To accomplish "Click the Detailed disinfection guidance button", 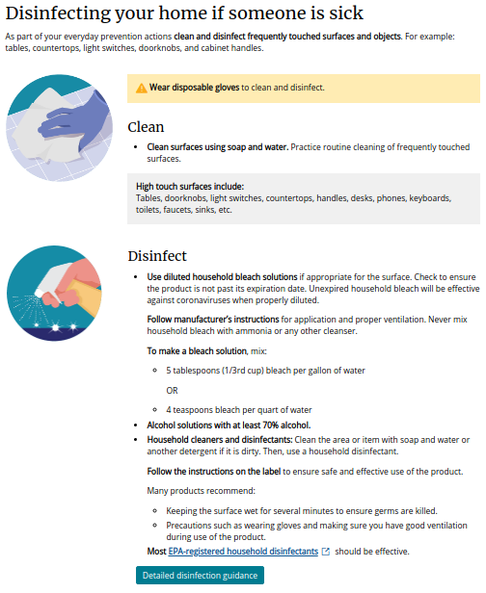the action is tap(200, 575).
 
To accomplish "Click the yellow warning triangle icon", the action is tap(141, 88).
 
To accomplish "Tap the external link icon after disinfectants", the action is tap(325, 552).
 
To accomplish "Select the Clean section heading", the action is tap(146, 126).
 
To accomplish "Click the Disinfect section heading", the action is tap(157, 256).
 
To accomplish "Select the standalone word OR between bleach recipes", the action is tap(173, 390).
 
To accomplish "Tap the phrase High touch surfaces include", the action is tap(190, 187).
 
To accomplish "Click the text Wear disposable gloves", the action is tap(195, 88).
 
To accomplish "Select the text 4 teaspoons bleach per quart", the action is tap(227, 409).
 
